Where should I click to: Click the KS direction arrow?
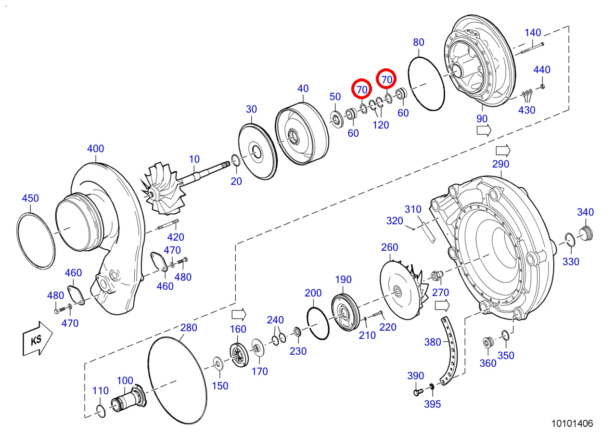click(x=38, y=339)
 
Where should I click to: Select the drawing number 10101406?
click(x=573, y=423)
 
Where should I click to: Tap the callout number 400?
click(x=96, y=149)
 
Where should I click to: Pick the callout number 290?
click(x=500, y=164)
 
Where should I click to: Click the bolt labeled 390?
click(x=418, y=392)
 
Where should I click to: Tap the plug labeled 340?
click(x=587, y=234)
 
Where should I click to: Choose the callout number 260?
click(x=390, y=247)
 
